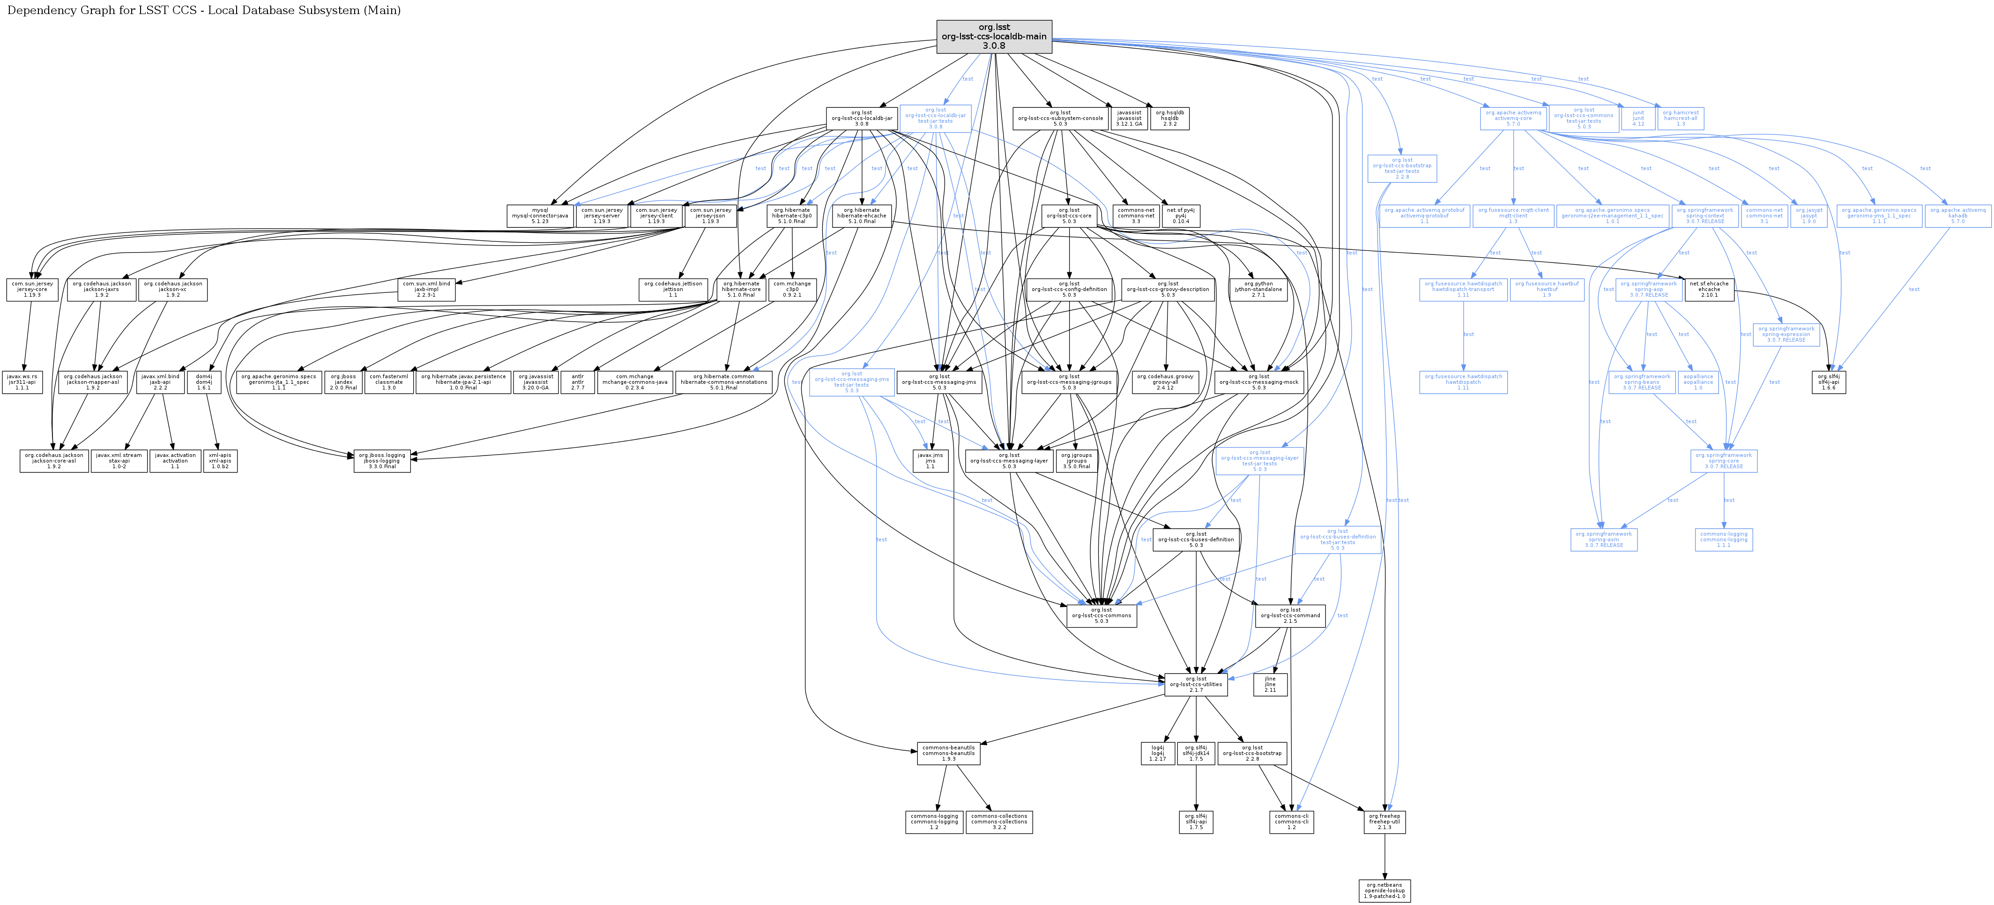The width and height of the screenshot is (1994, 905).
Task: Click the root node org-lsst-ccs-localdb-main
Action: pos(994,37)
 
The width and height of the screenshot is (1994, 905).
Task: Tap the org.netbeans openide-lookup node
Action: pos(1384,890)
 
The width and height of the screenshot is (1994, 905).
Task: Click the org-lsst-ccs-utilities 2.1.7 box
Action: pos(1196,684)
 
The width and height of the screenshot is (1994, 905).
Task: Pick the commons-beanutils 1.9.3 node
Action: pos(948,753)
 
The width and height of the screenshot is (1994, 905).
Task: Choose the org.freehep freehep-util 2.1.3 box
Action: pos(1384,822)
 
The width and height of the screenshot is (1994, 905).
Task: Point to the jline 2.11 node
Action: pos(1270,684)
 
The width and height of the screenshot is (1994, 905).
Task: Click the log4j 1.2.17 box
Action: pos(1157,753)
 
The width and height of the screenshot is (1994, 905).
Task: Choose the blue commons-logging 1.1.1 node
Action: pos(1723,539)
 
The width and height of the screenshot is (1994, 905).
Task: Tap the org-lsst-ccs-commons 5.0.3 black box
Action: pos(1101,615)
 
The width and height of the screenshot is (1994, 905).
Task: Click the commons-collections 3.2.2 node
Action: pos(998,822)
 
